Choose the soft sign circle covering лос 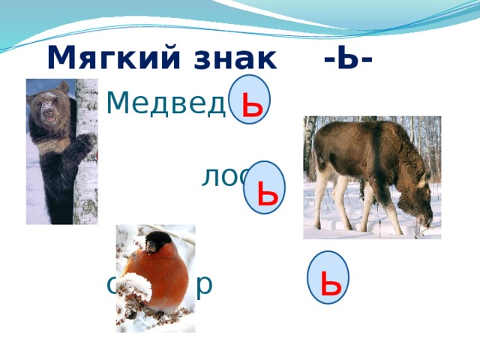point(265,187)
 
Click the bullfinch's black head point(159,242)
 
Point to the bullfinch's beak point(150,248)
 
